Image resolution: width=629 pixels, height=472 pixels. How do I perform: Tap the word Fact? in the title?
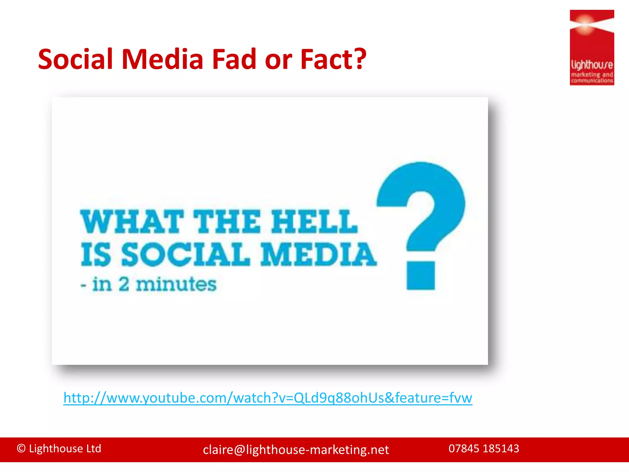tap(333, 59)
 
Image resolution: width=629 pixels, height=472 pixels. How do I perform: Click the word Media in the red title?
tap(162, 59)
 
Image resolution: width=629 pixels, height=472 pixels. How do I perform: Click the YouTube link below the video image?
tap(268, 398)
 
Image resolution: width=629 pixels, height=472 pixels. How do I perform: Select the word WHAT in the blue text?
tap(132, 222)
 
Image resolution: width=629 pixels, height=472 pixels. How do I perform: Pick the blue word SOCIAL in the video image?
tap(186, 254)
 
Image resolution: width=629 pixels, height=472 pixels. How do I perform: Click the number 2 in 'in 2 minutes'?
tap(124, 284)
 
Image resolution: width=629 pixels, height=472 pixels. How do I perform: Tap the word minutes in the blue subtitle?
tap(176, 284)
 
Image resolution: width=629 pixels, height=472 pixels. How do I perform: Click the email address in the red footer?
tap(296, 450)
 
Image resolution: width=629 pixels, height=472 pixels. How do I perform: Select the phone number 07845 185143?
tap(484, 449)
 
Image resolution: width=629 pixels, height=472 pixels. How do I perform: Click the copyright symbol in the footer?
tap(21, 449)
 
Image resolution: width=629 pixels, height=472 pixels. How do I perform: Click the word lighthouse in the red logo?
tap(592, 65)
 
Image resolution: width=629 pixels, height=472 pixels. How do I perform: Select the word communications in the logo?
tap(592, 81)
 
